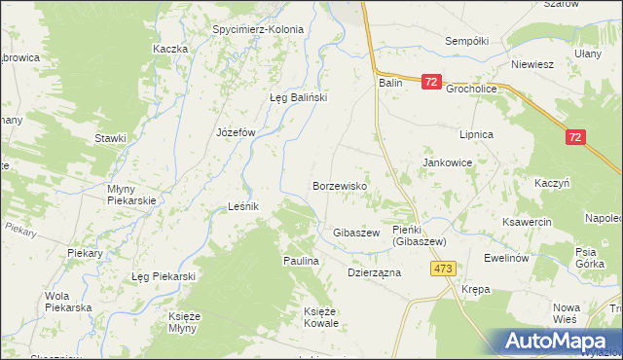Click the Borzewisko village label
[339, 185]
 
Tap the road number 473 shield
[445, 269]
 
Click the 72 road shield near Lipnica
[575, 138]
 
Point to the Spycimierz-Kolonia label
[258, 29]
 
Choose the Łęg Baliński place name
[298, 97]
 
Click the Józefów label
[235, 132]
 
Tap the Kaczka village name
[169, 49]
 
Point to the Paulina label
[302, 261]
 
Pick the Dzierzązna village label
[375, 273]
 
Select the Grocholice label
[471, 89]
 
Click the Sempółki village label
[465, 42]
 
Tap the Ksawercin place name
[527, 222]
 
